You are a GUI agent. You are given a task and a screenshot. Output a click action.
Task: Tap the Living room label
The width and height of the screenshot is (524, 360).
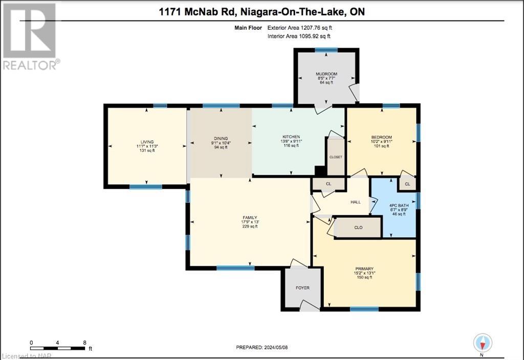(x=147, y=142)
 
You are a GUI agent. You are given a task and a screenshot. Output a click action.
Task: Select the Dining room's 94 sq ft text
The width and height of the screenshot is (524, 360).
(x=221, y=147)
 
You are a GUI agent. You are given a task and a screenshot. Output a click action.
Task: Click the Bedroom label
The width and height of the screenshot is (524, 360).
(x=382, y=137)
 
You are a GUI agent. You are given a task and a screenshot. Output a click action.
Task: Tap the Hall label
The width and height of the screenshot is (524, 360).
(x=356, y=202)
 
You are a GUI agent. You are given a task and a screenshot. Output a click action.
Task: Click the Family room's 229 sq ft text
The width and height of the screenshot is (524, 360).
(x=250, y=227)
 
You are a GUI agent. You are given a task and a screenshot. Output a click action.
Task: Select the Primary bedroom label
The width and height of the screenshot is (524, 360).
(x=365, y=269)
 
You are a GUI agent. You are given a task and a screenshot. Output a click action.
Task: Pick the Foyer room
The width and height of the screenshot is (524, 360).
(x=302, y=288)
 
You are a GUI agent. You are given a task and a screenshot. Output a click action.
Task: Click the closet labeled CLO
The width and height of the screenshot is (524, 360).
(x=359, y=227)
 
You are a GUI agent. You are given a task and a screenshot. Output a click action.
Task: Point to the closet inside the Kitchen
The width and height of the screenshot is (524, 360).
(x=336, y=157)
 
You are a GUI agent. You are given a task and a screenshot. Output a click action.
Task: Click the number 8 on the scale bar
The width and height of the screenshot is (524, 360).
(x=85, y=343)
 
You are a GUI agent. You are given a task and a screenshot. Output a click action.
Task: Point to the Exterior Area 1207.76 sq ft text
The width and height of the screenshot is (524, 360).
(x=302, y=28)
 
